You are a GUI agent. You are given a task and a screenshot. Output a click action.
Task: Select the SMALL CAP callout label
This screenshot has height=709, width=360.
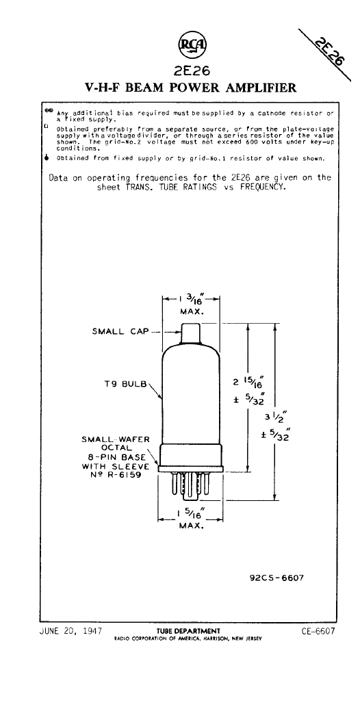coord(120,331)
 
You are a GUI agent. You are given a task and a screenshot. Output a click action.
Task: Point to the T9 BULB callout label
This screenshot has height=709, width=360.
coord(125,385)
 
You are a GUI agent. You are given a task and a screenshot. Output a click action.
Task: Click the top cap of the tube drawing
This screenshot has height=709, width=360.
coord(191,333)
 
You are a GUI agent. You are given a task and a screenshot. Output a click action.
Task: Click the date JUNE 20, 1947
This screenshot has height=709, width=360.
coord(70,630)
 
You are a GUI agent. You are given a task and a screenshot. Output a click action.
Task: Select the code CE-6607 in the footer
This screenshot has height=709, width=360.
coord(318,631)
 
